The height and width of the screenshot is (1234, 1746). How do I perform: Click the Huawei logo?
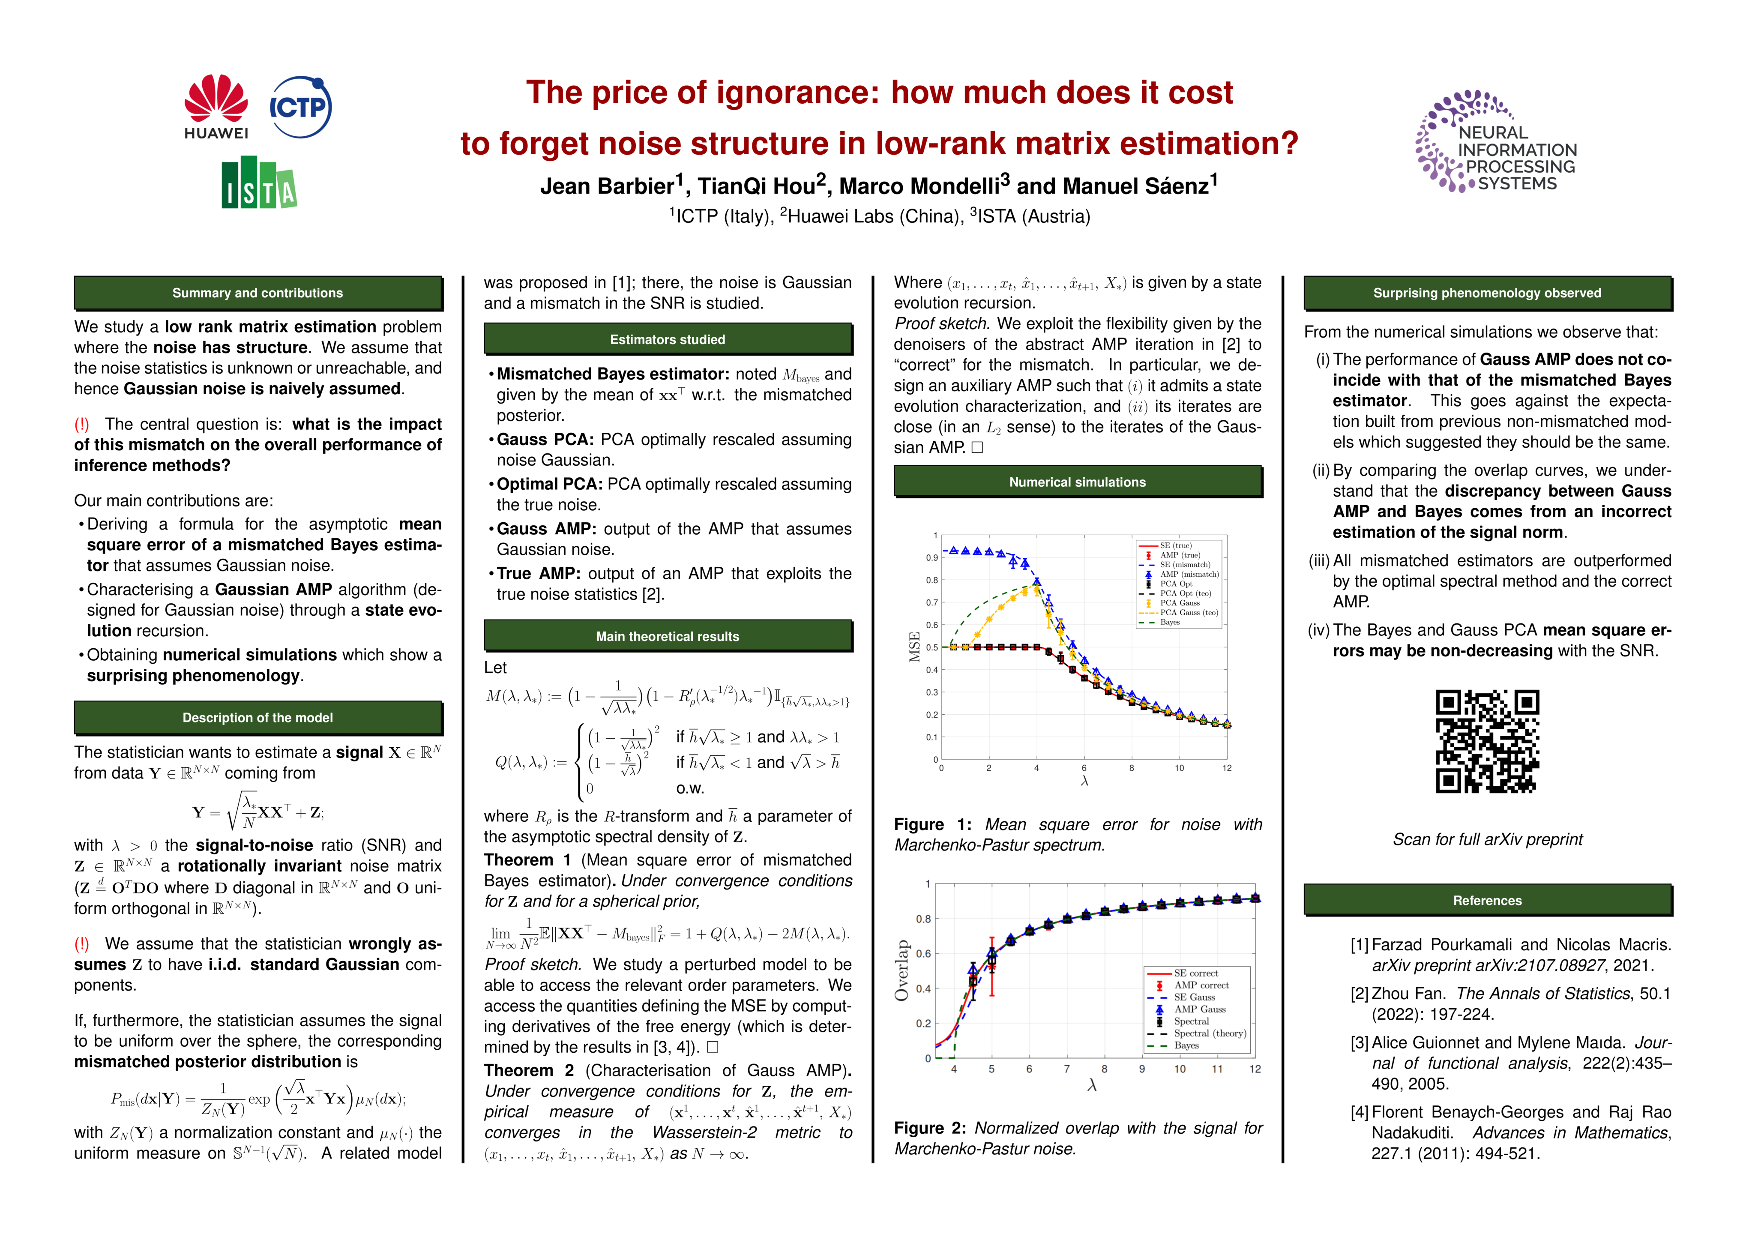216,106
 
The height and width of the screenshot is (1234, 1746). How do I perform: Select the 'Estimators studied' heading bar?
667,339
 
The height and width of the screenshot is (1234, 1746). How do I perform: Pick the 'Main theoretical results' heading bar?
667,636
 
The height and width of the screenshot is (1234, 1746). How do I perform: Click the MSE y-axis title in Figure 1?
915,647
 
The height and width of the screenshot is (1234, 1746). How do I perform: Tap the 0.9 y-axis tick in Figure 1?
931,558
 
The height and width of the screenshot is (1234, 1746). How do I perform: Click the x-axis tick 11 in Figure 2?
1217,1069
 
